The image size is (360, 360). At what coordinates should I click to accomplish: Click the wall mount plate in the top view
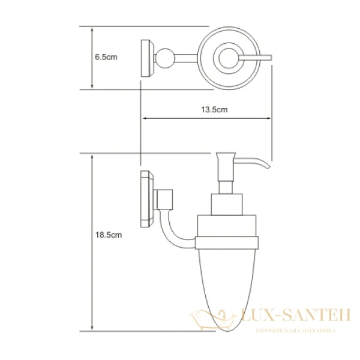click(145, 58)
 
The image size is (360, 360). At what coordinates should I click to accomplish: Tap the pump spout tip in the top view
click(270, 58)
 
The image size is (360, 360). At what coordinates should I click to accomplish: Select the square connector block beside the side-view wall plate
click(163, 197)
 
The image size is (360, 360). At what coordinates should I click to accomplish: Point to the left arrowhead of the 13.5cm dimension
click(145, 118)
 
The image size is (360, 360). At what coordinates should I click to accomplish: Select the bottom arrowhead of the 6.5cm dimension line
click(91, 86)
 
